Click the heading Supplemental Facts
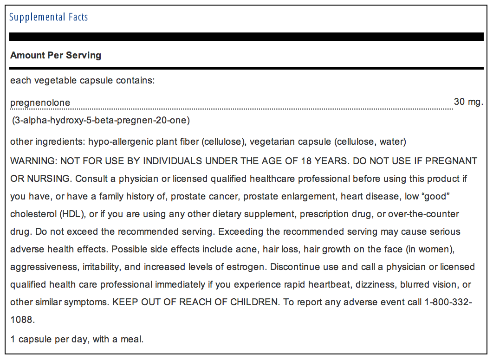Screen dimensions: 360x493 (x=49, y=18)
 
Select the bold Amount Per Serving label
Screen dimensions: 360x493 (x=56, y=55)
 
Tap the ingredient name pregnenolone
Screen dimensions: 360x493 (x=40, y=103)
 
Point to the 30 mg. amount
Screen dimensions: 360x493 (x=468, y=102)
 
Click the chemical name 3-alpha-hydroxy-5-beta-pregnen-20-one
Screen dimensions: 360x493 (x=101, y=121)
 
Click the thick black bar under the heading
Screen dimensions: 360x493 (x=246, y=37)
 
